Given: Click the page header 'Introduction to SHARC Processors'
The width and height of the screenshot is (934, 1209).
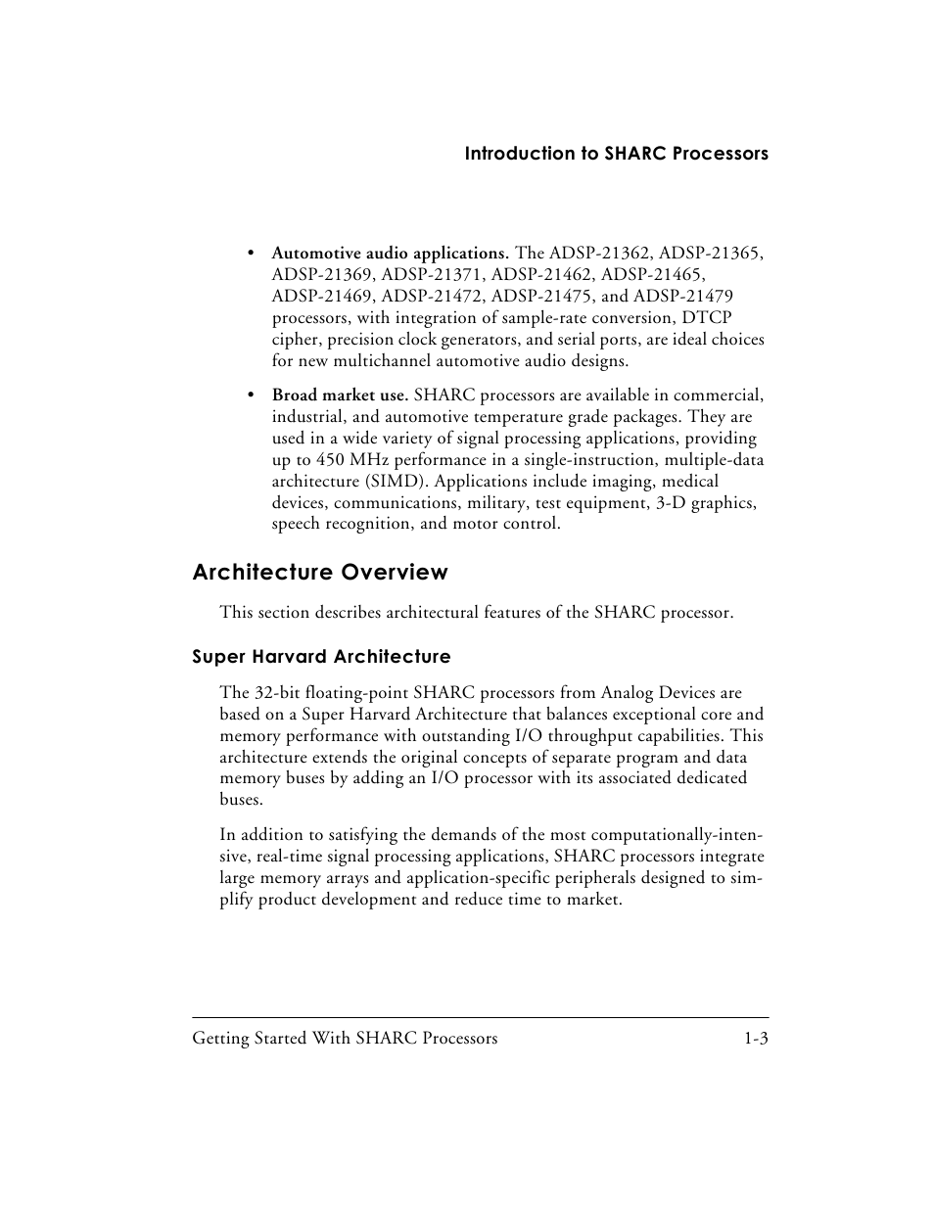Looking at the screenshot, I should tap(616, 154).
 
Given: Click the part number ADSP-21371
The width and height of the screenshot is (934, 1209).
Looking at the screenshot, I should tap(432, 275).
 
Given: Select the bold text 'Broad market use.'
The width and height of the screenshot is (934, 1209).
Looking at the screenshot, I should tap(340, 395).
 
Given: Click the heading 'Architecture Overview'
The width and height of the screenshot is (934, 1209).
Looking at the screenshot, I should tap(320, 573).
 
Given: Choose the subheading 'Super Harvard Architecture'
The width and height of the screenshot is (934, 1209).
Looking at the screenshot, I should tap(321, 657).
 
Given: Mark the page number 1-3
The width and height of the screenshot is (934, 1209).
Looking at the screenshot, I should tap(755, 1039).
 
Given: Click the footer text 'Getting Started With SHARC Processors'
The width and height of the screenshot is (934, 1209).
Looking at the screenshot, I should tap(345, 1039).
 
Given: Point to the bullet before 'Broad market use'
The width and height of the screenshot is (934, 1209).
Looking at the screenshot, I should tap(252, 395).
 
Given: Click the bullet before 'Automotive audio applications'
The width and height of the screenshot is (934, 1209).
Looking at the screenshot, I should tap(252, 255).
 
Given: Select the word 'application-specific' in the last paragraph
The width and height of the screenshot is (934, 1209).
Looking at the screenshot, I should tap(482, 878).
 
